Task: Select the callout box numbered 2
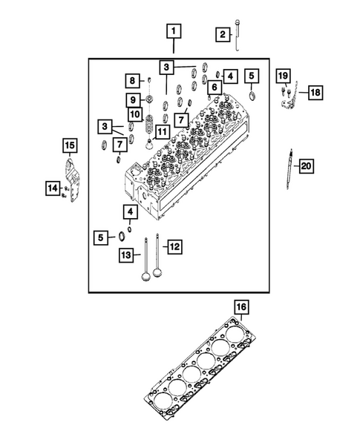[221, 33]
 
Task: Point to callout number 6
[214, 88]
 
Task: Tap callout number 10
[134, 115]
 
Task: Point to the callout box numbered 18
[315, 93]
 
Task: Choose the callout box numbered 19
[283, 76]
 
